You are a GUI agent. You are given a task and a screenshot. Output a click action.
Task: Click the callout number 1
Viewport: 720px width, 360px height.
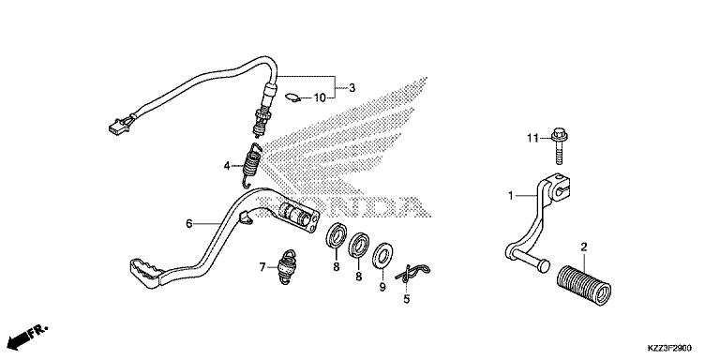coord(512,195)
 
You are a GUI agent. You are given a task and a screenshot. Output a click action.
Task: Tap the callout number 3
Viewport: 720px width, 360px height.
coord(352,88)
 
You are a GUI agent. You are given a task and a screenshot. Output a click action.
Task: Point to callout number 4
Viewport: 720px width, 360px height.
coord(226,167)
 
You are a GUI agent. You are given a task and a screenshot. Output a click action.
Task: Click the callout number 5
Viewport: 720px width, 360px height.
coord(406,300)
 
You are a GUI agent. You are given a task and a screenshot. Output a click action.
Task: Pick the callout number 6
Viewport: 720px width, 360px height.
coord(188,224)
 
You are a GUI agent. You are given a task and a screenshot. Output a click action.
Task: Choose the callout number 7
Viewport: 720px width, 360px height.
coord(263,267)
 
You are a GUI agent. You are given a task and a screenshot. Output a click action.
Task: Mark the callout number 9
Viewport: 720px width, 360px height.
coord(382,289)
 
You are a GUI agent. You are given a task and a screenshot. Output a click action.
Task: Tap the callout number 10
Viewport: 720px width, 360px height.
coord(318,97)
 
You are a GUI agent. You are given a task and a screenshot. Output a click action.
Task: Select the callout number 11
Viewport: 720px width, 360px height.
coord(530,139)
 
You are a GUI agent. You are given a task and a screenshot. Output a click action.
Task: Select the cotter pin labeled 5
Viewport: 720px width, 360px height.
coord(410,274)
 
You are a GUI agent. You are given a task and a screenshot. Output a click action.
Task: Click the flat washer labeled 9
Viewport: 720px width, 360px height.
coord(382,257)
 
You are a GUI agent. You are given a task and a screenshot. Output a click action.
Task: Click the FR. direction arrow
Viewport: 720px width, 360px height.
coord(27,335)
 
